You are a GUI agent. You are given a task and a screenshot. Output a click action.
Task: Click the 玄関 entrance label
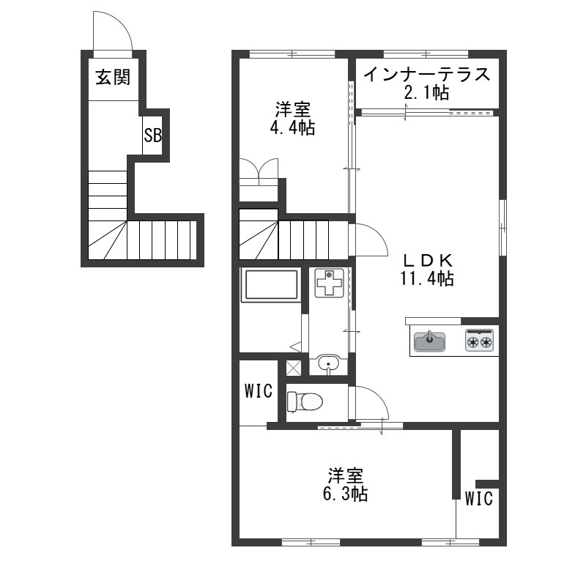(x=113, y=78)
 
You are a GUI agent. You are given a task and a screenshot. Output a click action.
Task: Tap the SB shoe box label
(x=153, y=136)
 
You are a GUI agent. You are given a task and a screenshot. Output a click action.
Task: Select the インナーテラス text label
(x=427, y=74)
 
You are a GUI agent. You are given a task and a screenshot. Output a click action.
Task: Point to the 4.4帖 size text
(x=292, y=128)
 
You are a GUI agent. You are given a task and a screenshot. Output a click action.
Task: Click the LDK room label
(x=427, y=260)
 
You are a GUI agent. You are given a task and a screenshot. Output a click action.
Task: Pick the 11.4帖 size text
(x=427, y=278)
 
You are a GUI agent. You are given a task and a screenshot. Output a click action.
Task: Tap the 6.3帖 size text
(x=345, y=494)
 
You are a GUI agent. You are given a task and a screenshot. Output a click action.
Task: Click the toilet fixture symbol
(x=305, y=402)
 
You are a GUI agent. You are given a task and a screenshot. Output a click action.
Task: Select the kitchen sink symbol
(x=430, y=341)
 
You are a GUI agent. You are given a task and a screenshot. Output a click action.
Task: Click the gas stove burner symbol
(x=480, y=340)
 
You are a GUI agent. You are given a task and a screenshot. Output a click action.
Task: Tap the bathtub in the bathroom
(x=271, y=285)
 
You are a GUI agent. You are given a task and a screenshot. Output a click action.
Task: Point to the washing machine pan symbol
(x=329, y=283)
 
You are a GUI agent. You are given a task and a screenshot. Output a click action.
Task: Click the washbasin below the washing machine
(x=329, y=364)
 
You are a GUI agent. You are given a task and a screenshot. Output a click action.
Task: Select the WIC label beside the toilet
(x=259, y=391)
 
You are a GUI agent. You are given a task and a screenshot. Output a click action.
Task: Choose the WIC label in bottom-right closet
(x=479, y=499)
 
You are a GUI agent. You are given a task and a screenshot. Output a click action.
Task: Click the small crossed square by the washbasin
(x=294, y=368)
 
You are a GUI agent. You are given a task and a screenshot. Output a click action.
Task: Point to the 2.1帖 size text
(x=427, y=92)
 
